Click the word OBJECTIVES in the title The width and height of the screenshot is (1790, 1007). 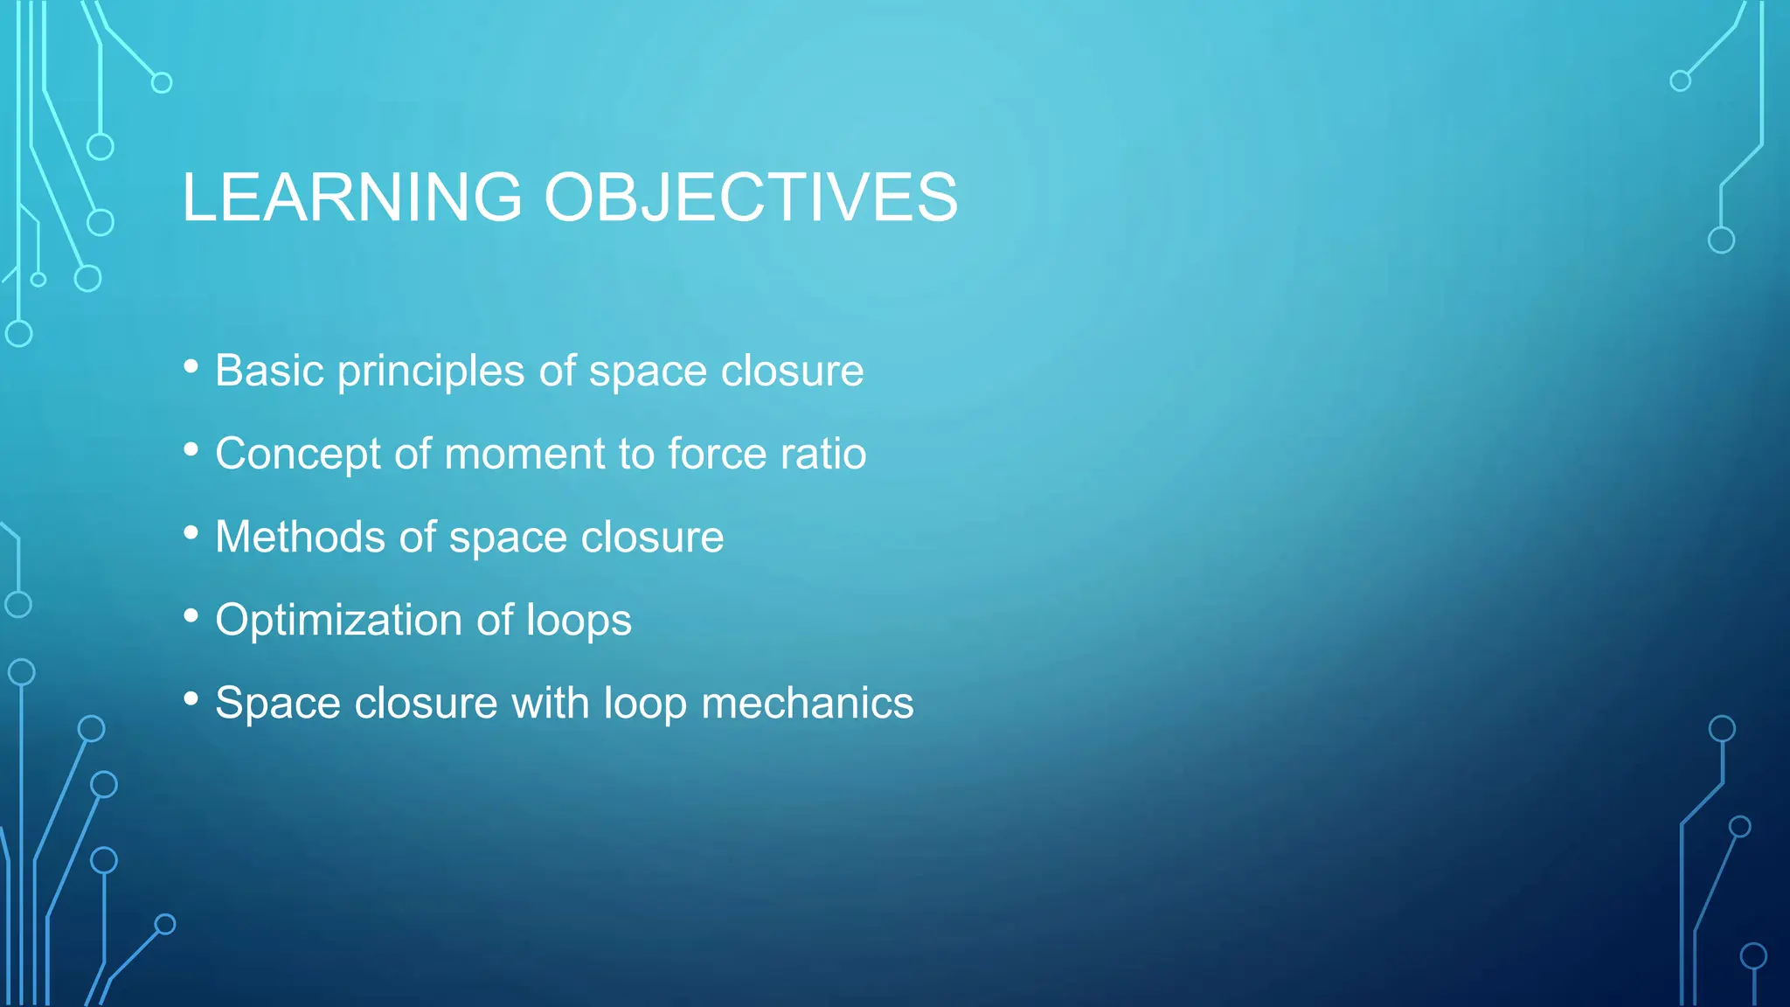pyautogui.click(x=751, y=198)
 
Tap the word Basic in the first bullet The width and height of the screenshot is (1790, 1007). pyautogui.click(x=269, y=371)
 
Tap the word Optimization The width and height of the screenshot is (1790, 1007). pyautogui.click(x=338, y=621)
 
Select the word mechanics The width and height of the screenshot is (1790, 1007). pyautogui.click(x=807, y=704)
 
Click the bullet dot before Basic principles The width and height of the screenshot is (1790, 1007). pyautogui.click(x=191, y=367)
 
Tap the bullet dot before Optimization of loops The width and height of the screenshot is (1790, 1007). pyautogui.click(x=191, y=616)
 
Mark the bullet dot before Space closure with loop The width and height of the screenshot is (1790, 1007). pyautogui.click(x=191, y=699)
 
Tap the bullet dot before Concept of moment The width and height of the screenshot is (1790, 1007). pyautogui.click(x=191, y=450)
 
